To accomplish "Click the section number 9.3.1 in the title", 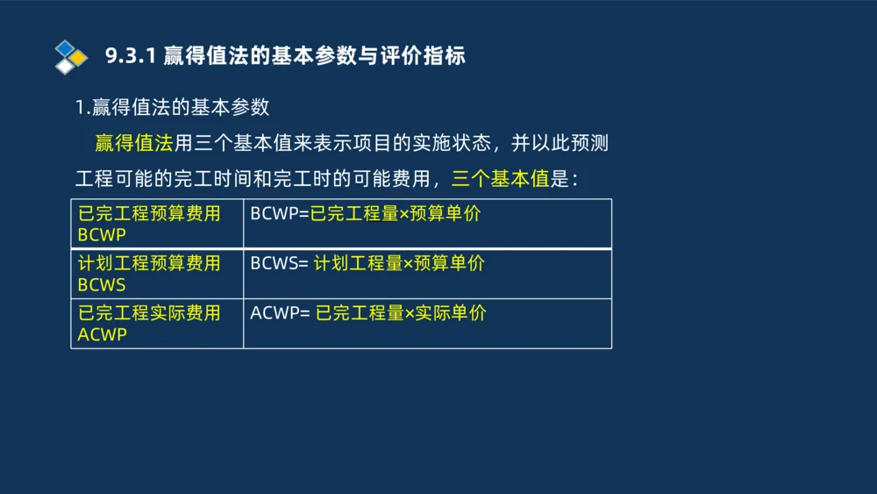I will click(x=131, y=56).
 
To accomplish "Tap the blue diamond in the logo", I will click(x=64, y=47).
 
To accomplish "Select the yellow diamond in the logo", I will click(x=79, y=57).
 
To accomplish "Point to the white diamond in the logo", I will click(x=64, y=66).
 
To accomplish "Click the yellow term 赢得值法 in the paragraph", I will click(x=133, y=144).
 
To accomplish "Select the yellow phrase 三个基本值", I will click(x=500, y=180).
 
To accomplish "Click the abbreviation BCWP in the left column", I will click(x=102, y=235).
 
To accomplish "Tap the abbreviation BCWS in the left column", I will click(x=102, y=285).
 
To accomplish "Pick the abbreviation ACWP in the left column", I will click(x=102, y=334).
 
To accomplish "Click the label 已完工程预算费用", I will click(x=149, y=214).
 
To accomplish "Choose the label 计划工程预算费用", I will click(x=149, y=263).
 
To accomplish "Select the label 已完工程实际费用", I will click(x=149, y=313).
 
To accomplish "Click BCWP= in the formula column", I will click(x=280, y=214).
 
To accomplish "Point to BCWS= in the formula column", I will click(x=279, y=263).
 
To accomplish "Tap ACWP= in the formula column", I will click(x=280, y=313).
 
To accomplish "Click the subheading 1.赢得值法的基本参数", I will click(x=172, y=108).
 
